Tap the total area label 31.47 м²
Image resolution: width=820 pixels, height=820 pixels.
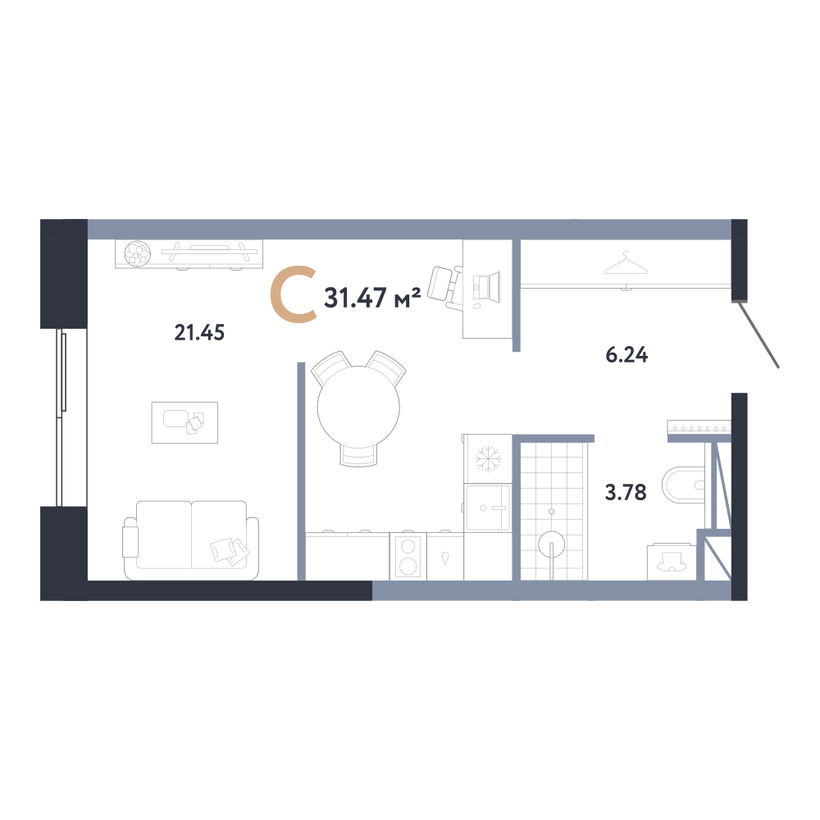coord(372,298)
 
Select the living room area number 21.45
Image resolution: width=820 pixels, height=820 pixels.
coord(199,333)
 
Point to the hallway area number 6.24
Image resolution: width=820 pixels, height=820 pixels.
coord(626,355)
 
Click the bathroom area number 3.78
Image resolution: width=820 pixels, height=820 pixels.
coord(626,493)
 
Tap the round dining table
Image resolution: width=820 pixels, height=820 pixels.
coord(359,407)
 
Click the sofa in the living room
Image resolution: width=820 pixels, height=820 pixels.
coord(191,540)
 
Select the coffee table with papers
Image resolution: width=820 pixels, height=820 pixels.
coord(184,422)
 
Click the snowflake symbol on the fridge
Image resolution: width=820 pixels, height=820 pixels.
coord(488,458)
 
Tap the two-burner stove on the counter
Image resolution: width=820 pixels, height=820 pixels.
coord(408,557)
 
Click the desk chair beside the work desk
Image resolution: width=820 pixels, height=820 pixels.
coord(445,287)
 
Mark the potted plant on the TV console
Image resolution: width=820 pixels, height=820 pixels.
coord(138,253)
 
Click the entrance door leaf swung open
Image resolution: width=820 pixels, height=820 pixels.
coord(758,335)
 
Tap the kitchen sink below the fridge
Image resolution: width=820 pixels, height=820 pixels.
coord(488,508)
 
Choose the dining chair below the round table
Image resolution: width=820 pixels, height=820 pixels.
coord(359,455)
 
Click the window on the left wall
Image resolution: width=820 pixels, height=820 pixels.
coord(61,417)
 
